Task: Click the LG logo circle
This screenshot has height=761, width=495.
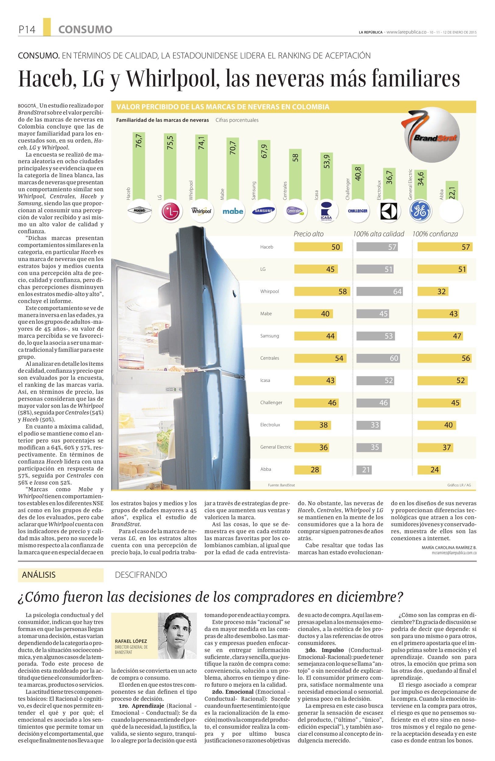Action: [x=171, y=211]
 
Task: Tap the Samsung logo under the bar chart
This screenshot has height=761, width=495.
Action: [x=264, y=211]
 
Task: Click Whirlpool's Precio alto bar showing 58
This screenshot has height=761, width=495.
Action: [x=322, y=292]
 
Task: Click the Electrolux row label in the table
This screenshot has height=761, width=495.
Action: [x=270, y=425]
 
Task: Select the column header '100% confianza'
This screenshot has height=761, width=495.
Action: [x=435, y=234]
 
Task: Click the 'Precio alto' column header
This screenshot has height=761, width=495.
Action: [x=309, y=234]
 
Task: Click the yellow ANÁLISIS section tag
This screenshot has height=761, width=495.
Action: [x=61, y=575]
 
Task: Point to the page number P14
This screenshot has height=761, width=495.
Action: [x=27, y=30]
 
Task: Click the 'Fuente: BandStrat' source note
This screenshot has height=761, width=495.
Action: [x=281, y=485]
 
